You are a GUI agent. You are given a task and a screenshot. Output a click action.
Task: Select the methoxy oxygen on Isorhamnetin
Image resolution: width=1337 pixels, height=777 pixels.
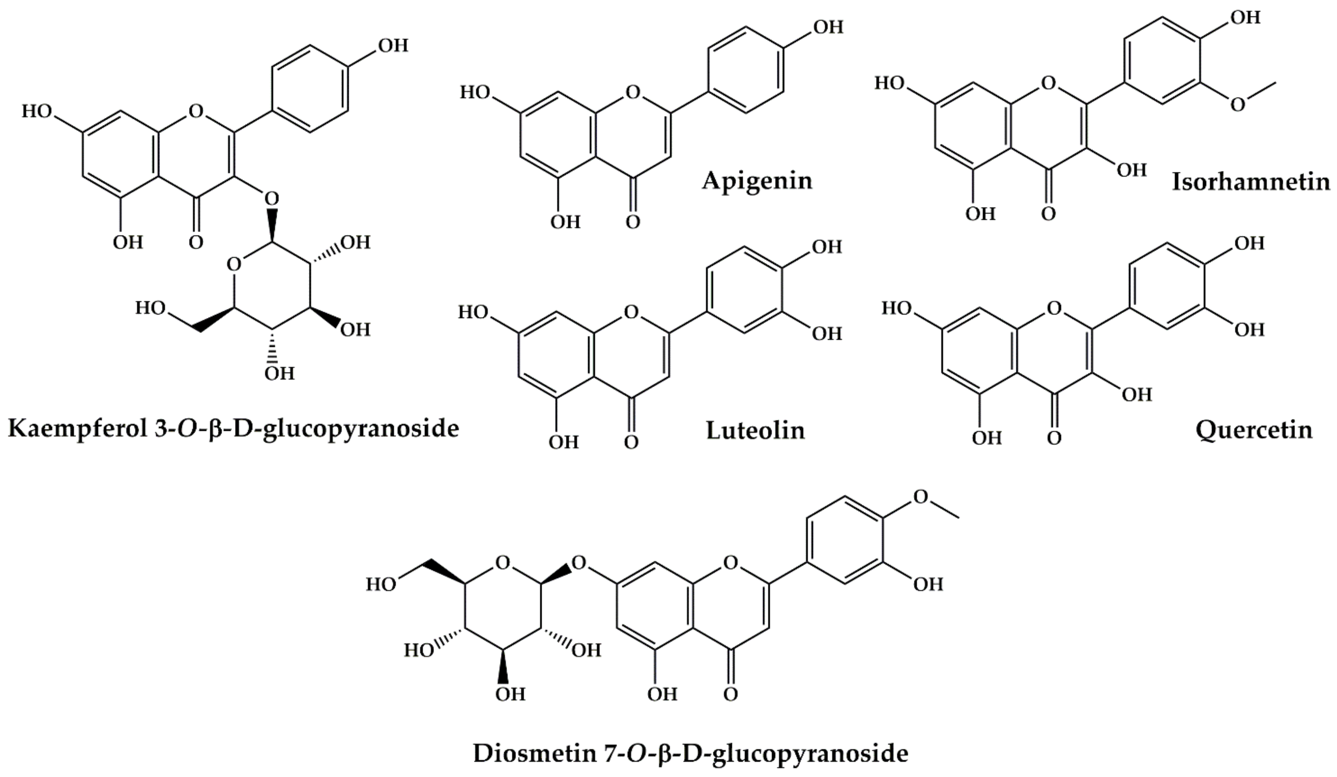point(1237,105)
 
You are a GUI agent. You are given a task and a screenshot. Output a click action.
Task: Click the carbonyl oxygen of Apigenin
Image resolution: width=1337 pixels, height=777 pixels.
point(632,222)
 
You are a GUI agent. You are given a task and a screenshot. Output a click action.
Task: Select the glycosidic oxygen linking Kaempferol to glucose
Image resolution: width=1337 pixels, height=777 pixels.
point(271,199)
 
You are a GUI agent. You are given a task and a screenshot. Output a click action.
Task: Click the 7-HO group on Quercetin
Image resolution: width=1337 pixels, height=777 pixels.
point(897,308)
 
